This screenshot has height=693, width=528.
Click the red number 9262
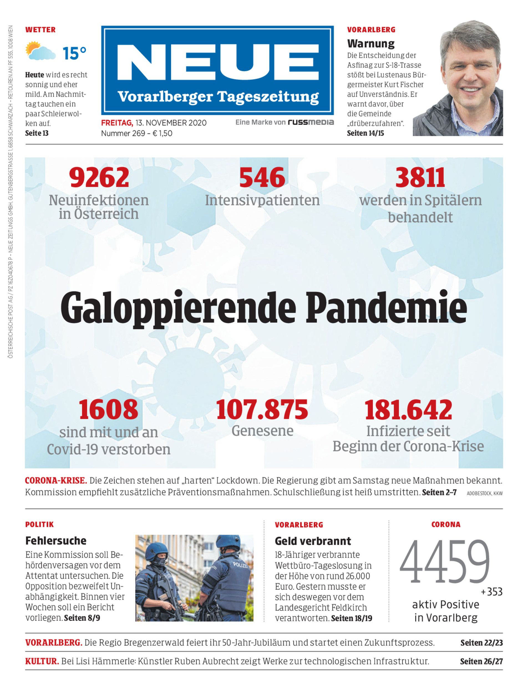coord(99,178)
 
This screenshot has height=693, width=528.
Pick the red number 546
coord(262,178)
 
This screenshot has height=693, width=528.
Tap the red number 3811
coord(420,178)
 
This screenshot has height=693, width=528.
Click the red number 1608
coord(108,410)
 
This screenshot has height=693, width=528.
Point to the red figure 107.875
coord(262,410)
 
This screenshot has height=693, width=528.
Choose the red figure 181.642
coord(408,410)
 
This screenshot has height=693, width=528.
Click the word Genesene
coord(262,431)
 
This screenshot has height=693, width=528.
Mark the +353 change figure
coord(492,592)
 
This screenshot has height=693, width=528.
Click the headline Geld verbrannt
coord(313,541)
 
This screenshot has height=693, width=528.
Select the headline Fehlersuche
coord(56,541)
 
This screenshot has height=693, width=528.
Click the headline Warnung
coord(370,43)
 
